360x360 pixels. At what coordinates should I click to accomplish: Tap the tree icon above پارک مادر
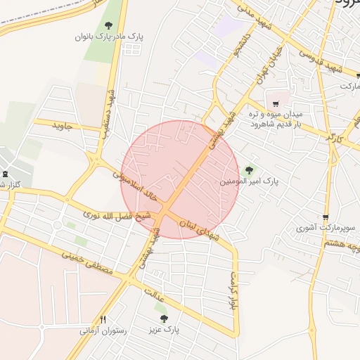108,25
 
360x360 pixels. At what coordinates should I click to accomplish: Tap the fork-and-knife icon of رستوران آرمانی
104,319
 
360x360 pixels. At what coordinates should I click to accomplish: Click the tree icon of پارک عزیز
164,319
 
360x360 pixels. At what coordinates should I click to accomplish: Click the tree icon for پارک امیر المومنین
247,170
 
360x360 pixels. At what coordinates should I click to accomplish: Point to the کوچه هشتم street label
342,244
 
